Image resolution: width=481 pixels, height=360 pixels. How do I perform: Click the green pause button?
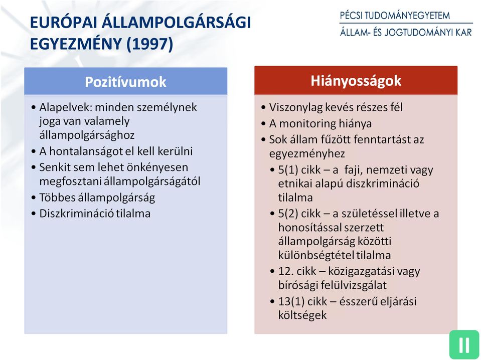pos(464,344)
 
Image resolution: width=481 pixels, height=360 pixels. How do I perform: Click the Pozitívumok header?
pos(125,82)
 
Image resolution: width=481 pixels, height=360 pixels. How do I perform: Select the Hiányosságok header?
pos(356,81)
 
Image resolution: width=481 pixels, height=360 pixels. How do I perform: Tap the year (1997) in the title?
pos(149,44)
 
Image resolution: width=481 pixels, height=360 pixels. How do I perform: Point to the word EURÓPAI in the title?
pos(63,23)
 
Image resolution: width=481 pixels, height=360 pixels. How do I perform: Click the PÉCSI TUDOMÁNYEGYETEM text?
pos(395,16)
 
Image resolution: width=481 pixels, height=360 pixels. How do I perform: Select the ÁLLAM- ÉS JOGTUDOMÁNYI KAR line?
pos(406,32)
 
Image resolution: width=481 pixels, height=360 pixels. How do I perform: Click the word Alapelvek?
pos(65,108)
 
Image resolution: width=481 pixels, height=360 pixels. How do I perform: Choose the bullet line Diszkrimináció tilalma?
pos(95,214)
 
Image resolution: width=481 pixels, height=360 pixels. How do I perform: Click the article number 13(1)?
pos(291,301)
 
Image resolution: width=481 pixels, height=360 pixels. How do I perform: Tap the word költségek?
pos(302,315)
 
